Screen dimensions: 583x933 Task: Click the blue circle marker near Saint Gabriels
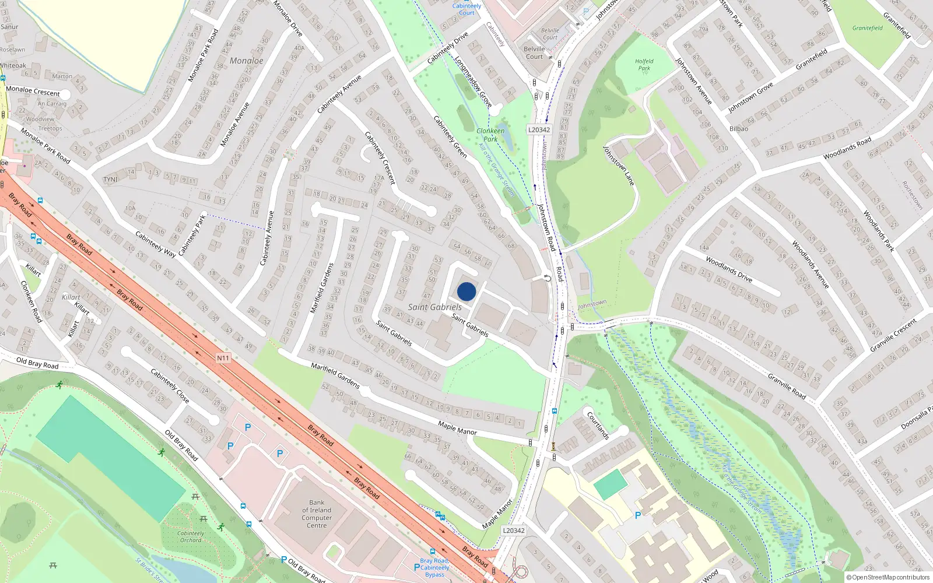point(466,291)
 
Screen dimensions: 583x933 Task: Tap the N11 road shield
point(223,358)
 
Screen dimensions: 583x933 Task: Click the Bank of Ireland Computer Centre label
point(317,514)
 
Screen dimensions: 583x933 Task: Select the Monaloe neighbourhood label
point(246,61)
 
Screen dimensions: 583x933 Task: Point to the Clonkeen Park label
point(490,135)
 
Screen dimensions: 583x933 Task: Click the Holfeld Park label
point(644,64)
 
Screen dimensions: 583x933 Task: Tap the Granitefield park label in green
point(867,28)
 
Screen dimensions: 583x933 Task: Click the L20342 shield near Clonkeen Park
point(539,129)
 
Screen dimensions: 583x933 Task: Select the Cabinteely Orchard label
point(191,536)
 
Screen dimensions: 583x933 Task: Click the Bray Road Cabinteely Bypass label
point(434,567)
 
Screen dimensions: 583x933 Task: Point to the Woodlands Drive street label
point(729,269)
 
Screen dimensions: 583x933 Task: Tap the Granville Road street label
point(787,387)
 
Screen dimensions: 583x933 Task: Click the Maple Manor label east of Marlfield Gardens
point(457,429)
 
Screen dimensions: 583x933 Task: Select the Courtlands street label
point(598,426)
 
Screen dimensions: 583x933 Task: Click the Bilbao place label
point(738,129)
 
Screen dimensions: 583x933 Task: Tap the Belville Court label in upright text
point(534,53)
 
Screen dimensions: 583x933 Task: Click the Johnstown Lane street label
point(618,166)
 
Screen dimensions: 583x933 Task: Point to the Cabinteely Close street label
point(170,386)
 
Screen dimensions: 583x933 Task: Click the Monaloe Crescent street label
point(33,91)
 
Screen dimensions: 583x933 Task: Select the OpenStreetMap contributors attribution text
point(888,577)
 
